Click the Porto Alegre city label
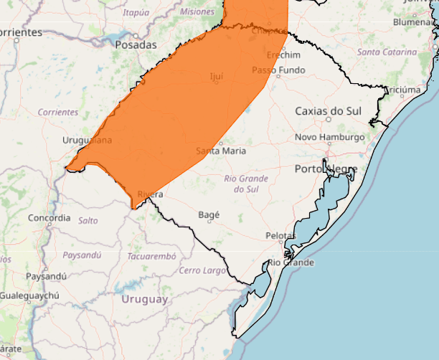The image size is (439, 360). (x=326, y=169)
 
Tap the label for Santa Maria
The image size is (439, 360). (x=221, y=151)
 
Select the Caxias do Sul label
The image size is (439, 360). (x=329, y=111)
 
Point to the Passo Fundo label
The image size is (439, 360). (x=278, y=70)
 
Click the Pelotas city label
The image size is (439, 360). (x=280, y=235)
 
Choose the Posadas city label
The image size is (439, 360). (x=136, y=44)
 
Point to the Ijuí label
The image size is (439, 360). (x=216, y=76)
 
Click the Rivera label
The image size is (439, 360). (x=150, y=194)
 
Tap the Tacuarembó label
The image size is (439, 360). (x=151, y=256)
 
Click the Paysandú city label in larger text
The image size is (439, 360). (x=46, y=276)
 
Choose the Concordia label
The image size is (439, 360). (x=49, y=217)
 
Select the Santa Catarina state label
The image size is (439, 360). (x=387, y=52)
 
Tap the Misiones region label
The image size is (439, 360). (x=197, y=12)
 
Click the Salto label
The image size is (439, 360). (x=88, y=221)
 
